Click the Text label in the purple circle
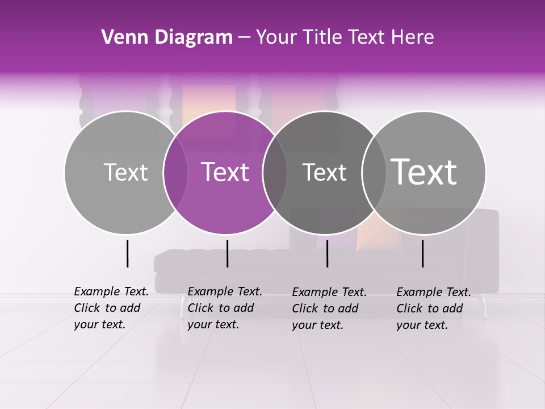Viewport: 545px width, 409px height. tap(225, 172)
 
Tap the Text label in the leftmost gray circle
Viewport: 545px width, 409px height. tap(125, 172)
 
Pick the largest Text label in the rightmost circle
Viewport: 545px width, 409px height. tap(424, 172)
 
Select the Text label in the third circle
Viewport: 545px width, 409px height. tap(324, 172)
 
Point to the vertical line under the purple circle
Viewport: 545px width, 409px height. tap(227, 253)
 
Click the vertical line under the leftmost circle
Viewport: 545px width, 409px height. tap(127, 253)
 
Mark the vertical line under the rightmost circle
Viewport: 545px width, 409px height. tap(422, 253)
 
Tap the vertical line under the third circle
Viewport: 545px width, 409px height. tap(327, 253)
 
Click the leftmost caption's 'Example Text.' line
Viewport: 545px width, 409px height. tap(111, 291)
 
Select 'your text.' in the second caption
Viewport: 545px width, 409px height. tap(213, 324)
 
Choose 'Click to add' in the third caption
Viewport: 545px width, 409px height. tap(325, 308)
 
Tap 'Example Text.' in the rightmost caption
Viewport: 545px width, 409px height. tap(434, 292)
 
